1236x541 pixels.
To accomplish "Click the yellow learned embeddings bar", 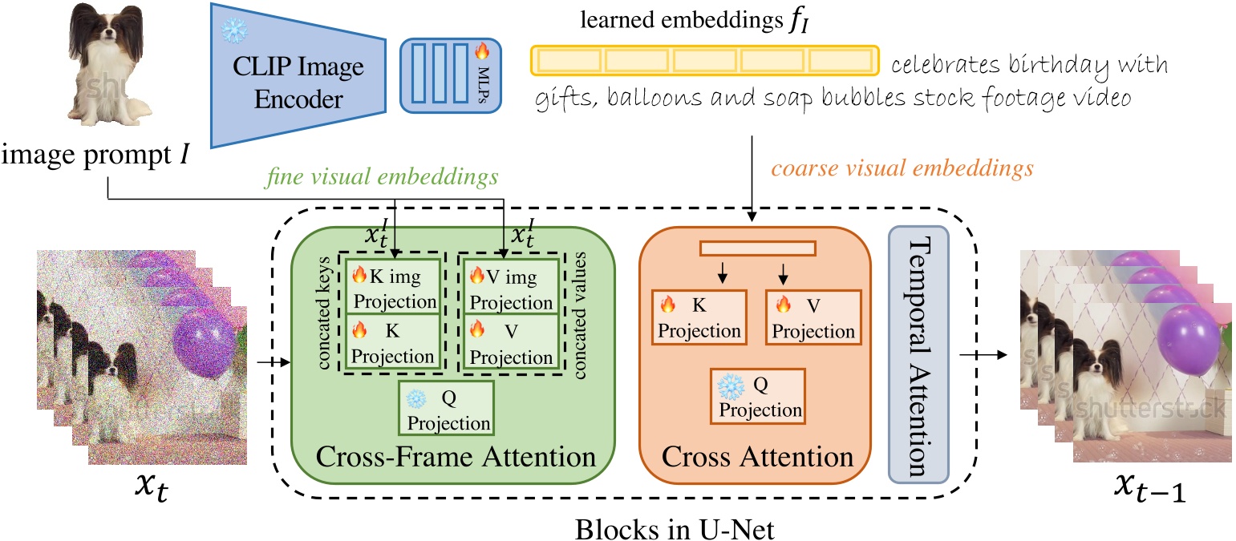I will tap(703, 60).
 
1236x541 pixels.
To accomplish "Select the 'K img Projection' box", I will tap(393, 287).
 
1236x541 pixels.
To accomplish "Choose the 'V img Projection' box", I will tap(509, 287).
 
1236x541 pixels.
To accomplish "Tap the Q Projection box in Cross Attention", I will tap(758, 397).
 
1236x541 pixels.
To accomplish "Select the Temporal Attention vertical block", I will tap(918, 355).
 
